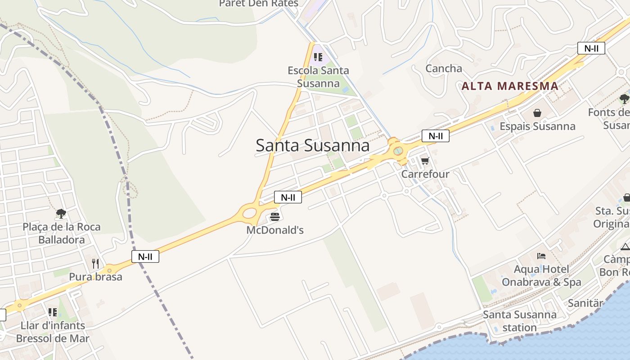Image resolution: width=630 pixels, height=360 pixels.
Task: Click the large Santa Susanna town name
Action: (312, 145)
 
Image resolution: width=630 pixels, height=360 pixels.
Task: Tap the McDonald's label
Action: (275, 230)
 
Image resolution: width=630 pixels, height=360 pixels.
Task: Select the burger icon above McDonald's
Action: (275, 217)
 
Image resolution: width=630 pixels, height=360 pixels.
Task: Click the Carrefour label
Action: (425, 174)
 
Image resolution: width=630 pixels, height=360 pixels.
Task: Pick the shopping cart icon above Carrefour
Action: (425, 161)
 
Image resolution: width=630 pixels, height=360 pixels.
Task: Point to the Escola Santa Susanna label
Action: (318, 77)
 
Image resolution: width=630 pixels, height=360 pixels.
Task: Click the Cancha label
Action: (444, 68)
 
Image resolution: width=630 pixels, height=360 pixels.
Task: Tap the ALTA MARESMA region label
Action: (510, 86)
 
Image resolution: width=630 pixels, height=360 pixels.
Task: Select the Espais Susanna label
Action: (537, 126)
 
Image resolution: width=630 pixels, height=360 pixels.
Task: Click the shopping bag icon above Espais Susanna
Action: (537, 112)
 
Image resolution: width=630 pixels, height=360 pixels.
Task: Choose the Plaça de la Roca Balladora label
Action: (62, 233)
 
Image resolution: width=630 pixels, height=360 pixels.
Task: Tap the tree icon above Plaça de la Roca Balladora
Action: (61, 213)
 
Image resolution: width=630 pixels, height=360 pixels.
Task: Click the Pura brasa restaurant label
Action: (95, 276)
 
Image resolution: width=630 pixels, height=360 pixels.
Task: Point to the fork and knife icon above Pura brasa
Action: (95, 263)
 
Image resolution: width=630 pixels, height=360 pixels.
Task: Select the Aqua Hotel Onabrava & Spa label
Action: (541, 276)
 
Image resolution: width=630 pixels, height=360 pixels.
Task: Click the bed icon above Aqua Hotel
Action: (541, 256)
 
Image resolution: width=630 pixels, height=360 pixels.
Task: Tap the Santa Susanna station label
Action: (520, 321)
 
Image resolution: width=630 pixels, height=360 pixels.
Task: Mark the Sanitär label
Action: (585, 303)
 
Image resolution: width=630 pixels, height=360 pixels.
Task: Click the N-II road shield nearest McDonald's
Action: (288, 197)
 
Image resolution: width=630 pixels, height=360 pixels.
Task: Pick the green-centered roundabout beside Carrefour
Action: (398, 151)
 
